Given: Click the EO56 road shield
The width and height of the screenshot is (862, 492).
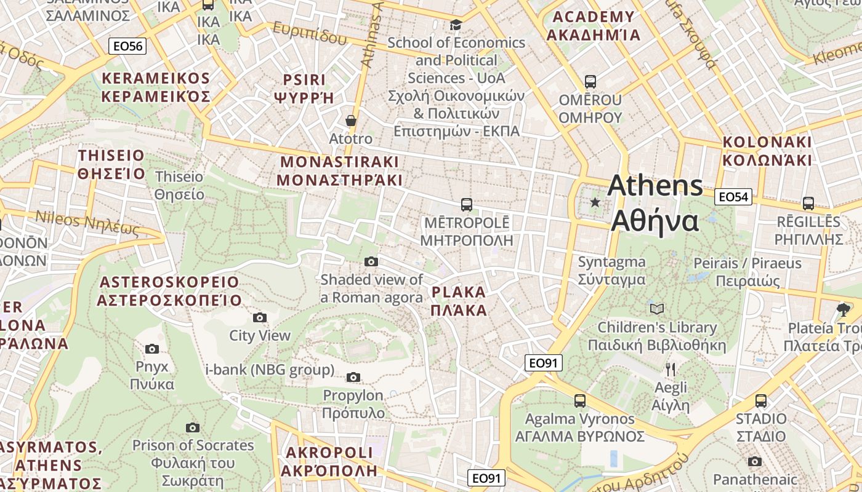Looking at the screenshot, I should pyautogui.click(x=127, y=46).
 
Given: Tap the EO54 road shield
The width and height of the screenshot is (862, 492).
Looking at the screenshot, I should pyautogui.click(x=733, y=197).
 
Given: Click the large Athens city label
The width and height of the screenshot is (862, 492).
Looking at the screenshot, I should pyautogui.click(x=655, y=203).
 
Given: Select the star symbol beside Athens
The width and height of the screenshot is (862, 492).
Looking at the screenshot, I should pyautogui.click(x=595, y=202).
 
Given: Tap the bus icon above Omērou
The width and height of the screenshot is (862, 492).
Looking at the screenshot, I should pyautogui.click(x=590, y=81).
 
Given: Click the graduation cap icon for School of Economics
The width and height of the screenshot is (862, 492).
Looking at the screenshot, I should pyautogui.click(x=456, y=25).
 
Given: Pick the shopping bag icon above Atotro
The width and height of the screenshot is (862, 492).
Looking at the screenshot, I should pyautogui.click(x=350, y=121).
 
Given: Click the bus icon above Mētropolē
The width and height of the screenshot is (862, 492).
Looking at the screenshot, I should pyautogui.click(x=466, y=204).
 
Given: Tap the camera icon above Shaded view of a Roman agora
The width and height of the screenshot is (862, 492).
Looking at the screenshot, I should pyautogui.click(x=371, y=262).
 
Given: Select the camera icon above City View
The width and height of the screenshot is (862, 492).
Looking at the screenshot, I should pyautogui.click(x=260, y=318).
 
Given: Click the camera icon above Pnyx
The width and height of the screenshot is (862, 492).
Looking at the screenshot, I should pyautogui.click(x=151, y=349).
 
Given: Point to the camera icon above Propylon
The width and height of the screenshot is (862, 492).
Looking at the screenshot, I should pyautogui.click(x=353, y=377).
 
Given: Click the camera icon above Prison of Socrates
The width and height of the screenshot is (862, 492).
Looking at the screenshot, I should pyautogui.click(x=193, y=427).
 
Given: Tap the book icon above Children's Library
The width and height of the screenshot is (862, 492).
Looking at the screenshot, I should pyautogui.click(x=657, y=309).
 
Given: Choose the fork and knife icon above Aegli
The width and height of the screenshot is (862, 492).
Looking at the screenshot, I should pyautogui.click(x=671, y=370).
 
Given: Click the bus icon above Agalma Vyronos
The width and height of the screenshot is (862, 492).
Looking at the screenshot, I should pyautogui.click(x=579, y=401).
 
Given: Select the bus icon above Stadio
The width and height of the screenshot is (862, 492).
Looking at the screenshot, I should pyautogui.click(x=761, y=401).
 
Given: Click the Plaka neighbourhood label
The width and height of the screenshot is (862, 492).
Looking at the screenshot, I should pyautogui.click(x=459, y=301).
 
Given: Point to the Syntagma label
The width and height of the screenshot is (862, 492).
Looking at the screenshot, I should pyautogui.click(x=611, y=271).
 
